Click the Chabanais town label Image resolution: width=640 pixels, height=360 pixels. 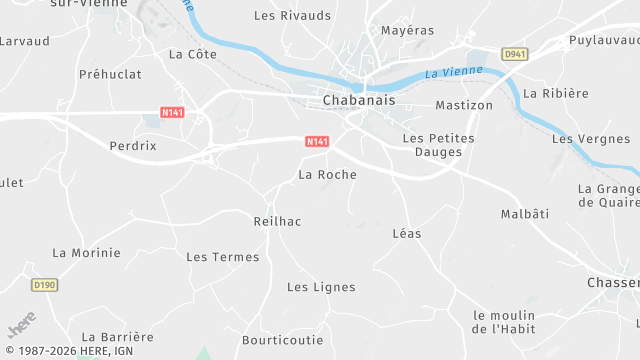358,100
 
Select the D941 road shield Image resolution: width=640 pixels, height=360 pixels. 515,54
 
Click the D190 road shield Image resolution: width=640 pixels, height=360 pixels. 44,285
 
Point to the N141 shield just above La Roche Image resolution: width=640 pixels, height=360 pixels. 317,142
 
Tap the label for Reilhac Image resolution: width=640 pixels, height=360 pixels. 278,221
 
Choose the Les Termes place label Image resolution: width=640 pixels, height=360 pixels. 222,257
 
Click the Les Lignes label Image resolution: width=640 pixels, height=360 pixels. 321,287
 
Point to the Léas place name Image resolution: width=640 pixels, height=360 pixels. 407,233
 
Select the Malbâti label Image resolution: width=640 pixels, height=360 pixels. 525,214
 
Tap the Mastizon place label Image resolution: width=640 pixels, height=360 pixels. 464,105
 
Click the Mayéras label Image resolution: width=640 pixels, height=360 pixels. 408,30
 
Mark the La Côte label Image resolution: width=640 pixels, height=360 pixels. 193,54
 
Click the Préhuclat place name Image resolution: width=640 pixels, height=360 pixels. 110,74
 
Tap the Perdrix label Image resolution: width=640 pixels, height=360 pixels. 133,145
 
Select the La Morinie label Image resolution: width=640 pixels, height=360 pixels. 86,252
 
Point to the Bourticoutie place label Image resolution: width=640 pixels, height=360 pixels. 281,340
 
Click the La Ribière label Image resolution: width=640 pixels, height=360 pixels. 556,93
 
